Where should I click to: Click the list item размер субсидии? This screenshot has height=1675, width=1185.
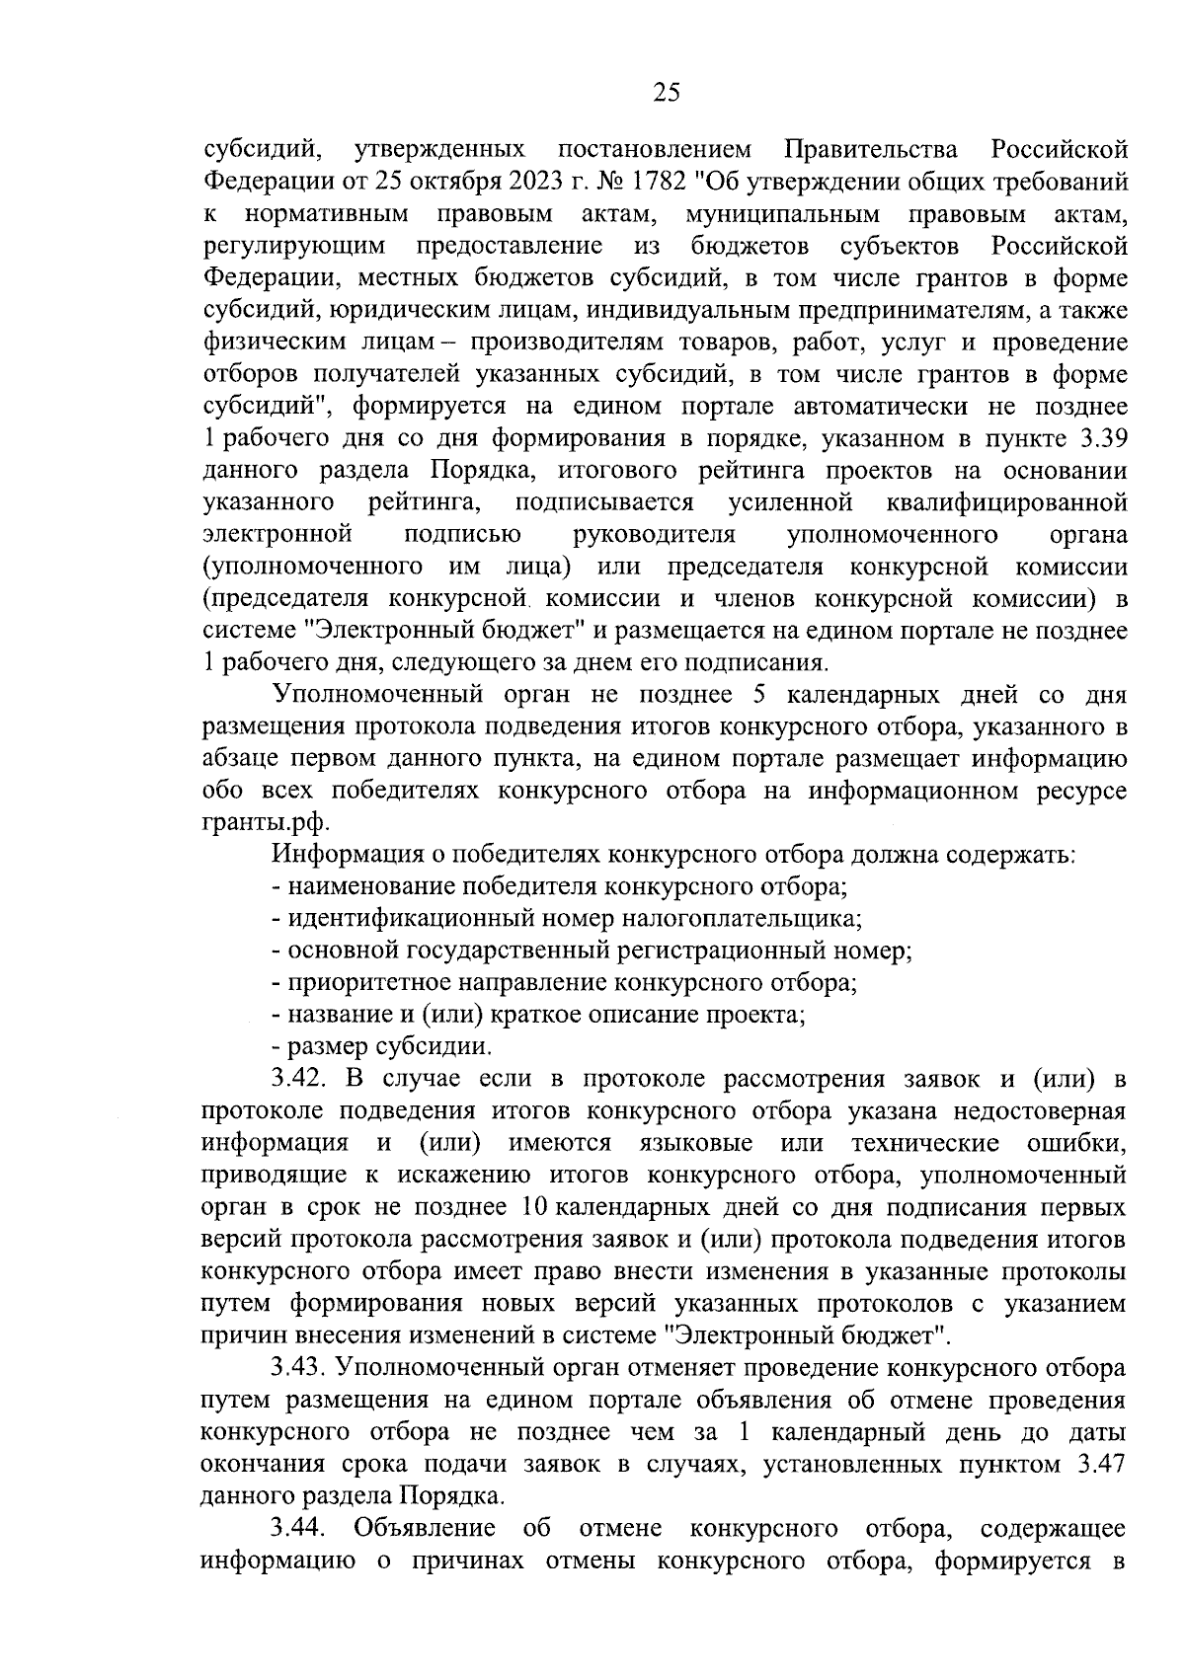coord(389,1046)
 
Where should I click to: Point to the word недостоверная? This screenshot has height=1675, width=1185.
coord(1040,1111)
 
